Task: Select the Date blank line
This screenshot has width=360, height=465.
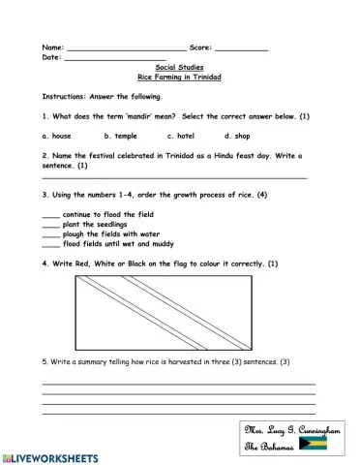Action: [x=125, y=59]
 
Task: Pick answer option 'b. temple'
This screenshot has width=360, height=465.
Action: [x=121, y=136]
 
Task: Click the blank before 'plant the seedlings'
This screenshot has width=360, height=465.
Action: [x=50, y=226]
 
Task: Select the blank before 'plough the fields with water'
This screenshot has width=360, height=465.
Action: [x=50, y=235]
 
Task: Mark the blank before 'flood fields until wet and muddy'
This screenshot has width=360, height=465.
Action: [x=50, y=245]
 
